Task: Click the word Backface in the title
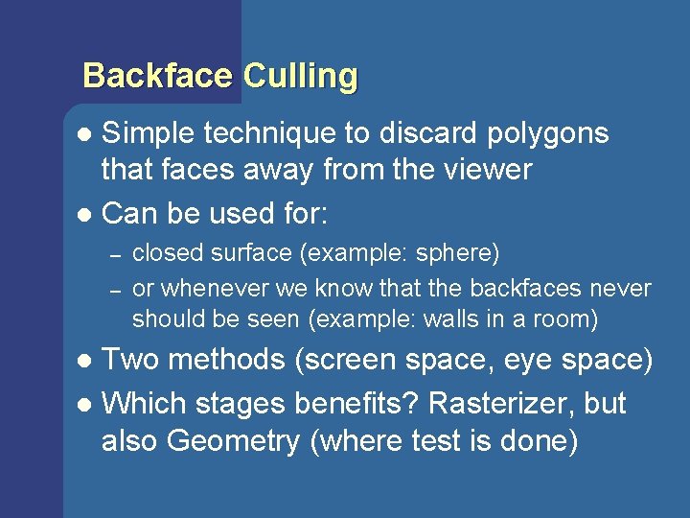pos(158,76)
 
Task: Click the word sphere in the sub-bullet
pos(456,254)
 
